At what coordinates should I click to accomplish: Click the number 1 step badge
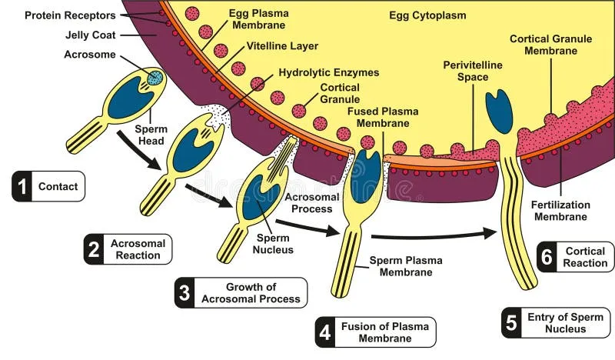[22, 186]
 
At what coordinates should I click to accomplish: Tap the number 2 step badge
[94, 249]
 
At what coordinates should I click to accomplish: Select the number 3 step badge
[184, 293]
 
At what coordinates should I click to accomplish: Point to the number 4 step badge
[325, 332]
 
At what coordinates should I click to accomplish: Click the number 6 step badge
[547, 257]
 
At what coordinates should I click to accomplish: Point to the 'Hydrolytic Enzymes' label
[329, 72]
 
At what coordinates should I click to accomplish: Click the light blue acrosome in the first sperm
[155, 77]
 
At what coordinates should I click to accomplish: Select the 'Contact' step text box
[58, 186]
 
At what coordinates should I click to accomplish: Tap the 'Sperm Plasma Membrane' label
[406, 266]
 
